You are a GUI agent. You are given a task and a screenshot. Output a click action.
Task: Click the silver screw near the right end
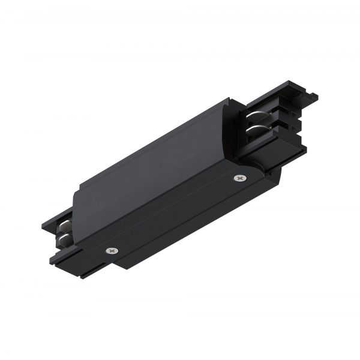click(x=240, y=178)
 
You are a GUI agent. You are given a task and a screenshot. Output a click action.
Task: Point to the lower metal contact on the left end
click(x=65, y=239)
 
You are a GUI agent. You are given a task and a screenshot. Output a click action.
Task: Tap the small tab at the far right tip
click(x=313, y=97)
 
